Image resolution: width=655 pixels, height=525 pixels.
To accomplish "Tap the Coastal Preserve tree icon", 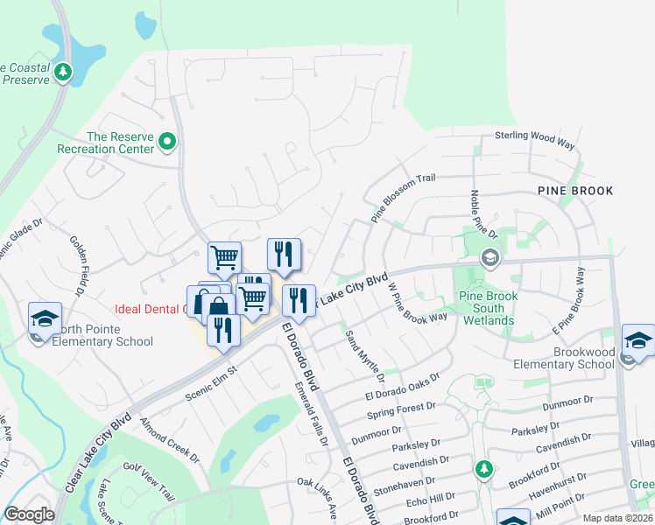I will [63, 72].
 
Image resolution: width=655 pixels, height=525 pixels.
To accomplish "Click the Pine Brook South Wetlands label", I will [489, 309].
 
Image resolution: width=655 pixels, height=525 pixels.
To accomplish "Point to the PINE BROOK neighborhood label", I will [575, 190].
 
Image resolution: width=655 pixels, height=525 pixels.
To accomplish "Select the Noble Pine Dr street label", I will [483, 214].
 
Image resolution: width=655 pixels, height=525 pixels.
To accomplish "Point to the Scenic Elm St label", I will [211, 383].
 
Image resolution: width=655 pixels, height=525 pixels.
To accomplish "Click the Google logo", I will [29, 514].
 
